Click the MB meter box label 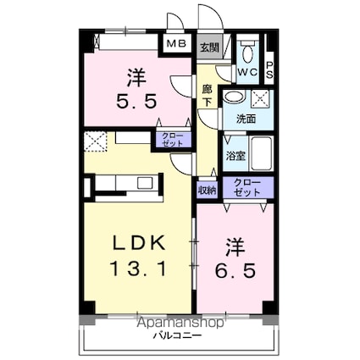[x=176, y=44]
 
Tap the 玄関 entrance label [x=209, y=47]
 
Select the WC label [x=247, y=72]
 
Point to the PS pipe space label [x=269, y=69]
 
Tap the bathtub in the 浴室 [x=262, y=153]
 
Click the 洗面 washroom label [x=246, y=119]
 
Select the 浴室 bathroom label [x=235, y=156]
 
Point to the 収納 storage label [x=207, y=191]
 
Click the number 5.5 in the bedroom [x=136, y=102]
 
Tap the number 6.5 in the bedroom [x=235, y=270]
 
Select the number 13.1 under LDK [x=138, y=269]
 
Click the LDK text [x=139, y=243]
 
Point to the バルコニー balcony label [x=178, y=335]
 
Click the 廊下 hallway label [x=208, y=96]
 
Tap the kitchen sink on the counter [x=145, y=183]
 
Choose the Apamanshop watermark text [x=180, y=323]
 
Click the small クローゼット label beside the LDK [x=173, y=140]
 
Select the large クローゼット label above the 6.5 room [x=247, y=187]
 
